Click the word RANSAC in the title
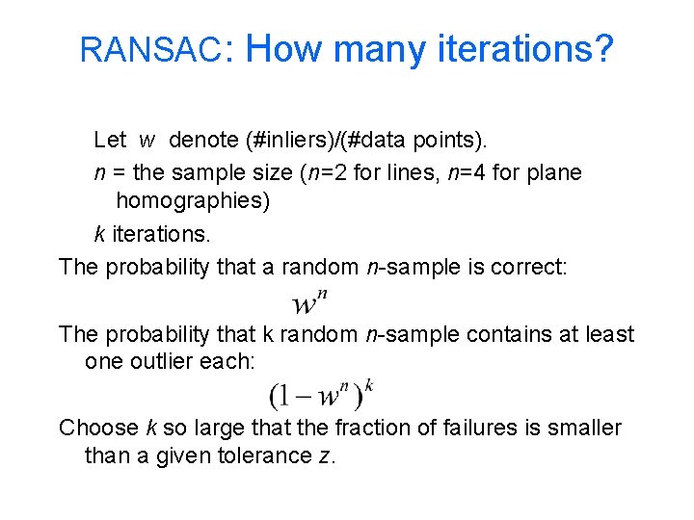151,50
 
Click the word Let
110,141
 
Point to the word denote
202,141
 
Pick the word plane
551,173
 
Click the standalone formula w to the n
310,301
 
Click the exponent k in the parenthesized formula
369,385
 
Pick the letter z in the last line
325,456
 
